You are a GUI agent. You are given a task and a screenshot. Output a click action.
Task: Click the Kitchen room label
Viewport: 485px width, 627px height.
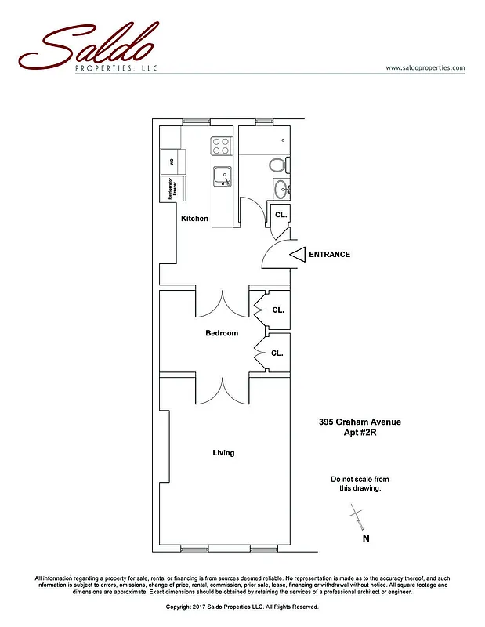tap(194, 219)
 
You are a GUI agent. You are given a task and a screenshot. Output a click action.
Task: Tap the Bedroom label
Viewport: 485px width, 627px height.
tap(222, 333)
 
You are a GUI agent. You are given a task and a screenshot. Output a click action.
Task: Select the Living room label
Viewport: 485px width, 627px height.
tap(223, 453)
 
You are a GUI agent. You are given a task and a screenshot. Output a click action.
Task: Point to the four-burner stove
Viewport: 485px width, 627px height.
tap(221, 145)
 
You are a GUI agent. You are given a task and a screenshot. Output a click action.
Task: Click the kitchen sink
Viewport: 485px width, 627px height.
tap(223, 176)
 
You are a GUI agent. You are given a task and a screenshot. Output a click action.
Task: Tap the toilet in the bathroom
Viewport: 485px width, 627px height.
tap(277, 165)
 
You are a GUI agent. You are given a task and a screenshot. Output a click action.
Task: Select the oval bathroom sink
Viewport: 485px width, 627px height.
tap(281, 188)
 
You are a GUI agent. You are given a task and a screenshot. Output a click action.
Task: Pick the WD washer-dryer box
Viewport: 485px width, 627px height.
tap(170, 161)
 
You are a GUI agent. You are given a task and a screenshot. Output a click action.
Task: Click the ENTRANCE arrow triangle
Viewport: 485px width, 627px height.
tap(298, 254)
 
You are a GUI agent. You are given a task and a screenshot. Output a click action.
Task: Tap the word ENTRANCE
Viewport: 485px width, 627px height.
tap(329, 254)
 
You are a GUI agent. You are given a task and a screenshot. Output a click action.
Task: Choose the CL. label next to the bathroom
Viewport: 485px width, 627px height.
tap(281, 214)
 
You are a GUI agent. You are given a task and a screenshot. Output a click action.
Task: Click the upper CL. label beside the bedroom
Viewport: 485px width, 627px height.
tap(277, 310)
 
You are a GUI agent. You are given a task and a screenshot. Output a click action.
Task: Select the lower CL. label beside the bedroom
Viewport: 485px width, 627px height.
tap(277, 353)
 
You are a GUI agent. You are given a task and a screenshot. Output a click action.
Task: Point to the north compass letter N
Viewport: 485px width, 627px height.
tap(365, 538)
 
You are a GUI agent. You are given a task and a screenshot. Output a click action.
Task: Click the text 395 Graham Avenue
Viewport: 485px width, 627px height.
tap(360, 422)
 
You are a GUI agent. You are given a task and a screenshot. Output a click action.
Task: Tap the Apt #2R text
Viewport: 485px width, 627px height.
tap(360, 433)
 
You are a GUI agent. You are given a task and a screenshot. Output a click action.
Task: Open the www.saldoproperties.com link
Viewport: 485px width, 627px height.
tap(425, 68)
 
